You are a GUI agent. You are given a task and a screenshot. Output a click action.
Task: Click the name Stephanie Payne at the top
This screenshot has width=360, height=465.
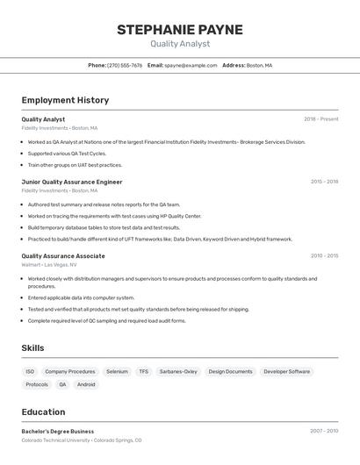(x=180, y=29)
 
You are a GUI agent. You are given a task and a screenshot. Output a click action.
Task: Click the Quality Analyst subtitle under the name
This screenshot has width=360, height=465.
(x=180, y=44)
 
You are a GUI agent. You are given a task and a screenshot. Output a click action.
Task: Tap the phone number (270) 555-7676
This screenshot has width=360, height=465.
(x=125, y=65)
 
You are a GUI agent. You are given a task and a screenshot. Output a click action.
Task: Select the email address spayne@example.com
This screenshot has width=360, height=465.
(x=191, y=65)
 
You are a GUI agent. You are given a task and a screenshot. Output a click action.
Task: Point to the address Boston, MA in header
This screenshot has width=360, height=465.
(x=259, y=65)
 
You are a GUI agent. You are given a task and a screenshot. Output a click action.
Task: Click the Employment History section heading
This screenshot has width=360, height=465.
(x=65, y=100)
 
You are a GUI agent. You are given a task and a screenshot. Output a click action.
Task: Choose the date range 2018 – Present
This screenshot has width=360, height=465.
(x=320, y=119)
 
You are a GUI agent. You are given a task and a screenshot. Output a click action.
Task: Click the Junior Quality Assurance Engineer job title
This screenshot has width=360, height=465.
(x=72, y=182)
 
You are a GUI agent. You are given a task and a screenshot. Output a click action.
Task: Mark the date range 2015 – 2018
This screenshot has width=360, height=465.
(x=324, y=182)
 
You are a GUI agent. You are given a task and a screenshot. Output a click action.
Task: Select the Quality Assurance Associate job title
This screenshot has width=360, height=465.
(x=63, y=256)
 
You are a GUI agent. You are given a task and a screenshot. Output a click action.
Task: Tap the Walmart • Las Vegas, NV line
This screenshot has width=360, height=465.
(x=55, y=264)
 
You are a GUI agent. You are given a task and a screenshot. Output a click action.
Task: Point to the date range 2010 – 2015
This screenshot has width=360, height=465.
(x=324, y=256)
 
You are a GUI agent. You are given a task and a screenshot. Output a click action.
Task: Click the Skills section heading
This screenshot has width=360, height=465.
(x=33, y=348)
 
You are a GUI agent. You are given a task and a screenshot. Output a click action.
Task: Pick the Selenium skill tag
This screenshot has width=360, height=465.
(x=117, y=371)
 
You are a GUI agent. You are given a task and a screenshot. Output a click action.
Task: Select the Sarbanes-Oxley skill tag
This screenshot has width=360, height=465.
(x=178, y=371)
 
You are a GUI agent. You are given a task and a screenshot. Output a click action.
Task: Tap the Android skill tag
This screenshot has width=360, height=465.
(x=86, y=384)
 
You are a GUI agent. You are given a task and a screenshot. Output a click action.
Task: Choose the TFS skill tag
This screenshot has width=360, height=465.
(x=143, y=371)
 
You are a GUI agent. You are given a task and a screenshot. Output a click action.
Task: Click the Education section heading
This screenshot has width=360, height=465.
(x=43, y=411)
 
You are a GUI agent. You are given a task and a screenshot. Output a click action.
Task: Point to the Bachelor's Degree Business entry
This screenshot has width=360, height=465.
(x=58, y=432)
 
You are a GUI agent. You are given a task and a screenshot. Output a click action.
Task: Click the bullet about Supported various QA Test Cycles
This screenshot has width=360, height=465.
(x=67, y=154)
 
